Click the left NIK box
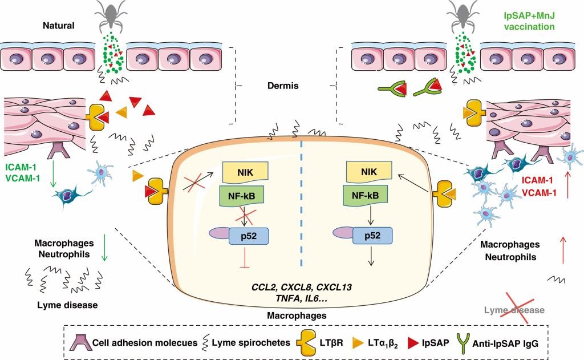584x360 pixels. coord(245,172)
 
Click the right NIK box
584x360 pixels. coord(369,172)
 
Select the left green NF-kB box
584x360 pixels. coord(242,196)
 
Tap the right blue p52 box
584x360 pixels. coord(372,236)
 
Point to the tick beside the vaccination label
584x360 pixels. coord(462,17)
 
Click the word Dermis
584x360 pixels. coord(283,86)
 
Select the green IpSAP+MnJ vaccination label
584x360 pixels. coord(529,21)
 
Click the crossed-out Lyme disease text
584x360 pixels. coord(514,310)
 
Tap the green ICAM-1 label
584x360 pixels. coord(21,167)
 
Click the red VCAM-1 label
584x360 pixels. coord(539,193)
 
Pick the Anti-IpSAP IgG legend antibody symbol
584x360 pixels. coord(464,343)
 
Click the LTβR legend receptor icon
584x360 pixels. coord(306,343)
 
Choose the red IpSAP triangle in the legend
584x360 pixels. coord(413,343)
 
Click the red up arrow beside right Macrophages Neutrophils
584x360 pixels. coord(563,250)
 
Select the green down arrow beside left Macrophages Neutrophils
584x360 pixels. coord(105,248)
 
